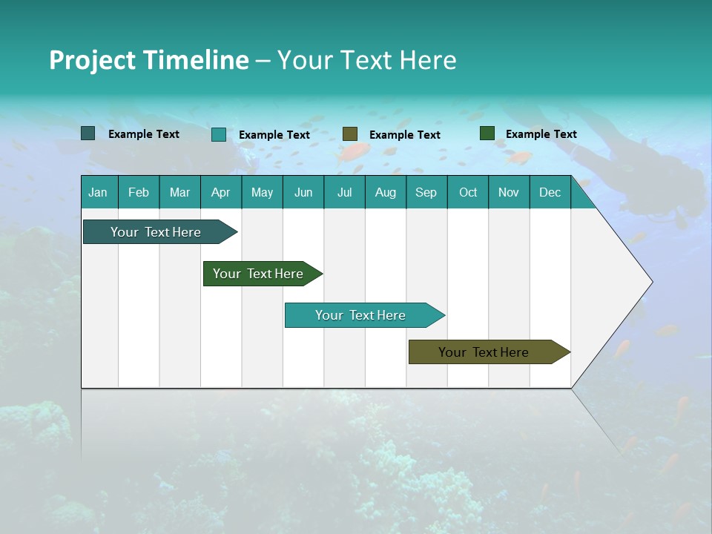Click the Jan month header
tap(99, 193)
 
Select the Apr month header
tap(221, 193)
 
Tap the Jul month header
tap(344, 193)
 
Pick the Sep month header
tap(426, 193)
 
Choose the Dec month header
tap(550, 193)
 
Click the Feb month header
tap(139, 193)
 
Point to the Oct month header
tap(468, 193)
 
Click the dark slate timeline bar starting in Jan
tap(156, 232)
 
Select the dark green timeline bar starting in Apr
tap(258, 274)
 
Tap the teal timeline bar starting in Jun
tap(360, 315)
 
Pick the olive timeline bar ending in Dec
tap(484, 352)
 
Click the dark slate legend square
tap(88, 133)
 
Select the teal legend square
tap(219, 134)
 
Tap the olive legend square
tap(350, 134)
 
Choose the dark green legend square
tap(487, 133)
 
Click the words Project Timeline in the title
tap(149, 60)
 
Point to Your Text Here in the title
tap(367, 60)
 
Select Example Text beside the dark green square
tap(541, 134)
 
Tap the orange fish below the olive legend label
tap(354, 153)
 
